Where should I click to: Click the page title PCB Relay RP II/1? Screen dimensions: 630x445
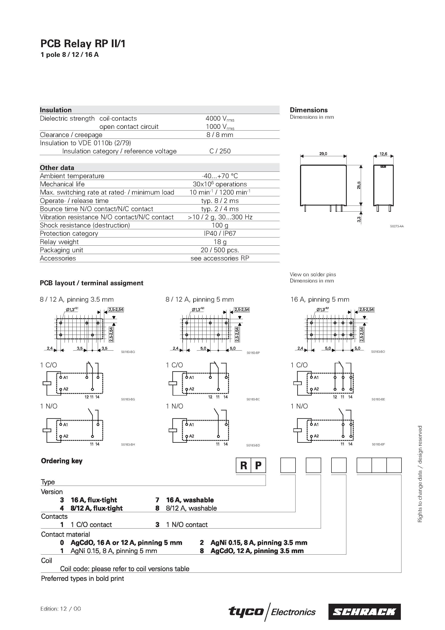83,44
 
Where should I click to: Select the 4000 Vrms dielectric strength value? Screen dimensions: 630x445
219,119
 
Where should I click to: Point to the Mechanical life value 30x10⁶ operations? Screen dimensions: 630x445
219,184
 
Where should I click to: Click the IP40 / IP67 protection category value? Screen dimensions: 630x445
219,234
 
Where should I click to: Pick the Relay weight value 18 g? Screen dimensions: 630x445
219,242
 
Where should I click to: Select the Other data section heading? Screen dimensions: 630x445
57,168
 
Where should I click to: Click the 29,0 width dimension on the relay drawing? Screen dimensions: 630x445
323,154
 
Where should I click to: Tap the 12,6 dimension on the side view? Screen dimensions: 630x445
383,154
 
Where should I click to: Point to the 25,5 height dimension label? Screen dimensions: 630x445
359,185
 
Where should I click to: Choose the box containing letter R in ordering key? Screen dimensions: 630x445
243,465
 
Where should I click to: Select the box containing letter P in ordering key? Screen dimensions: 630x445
258,465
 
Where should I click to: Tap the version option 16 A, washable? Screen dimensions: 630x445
190,500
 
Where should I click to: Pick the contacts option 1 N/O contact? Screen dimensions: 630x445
187,525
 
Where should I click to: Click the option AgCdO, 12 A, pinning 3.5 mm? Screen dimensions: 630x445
257,551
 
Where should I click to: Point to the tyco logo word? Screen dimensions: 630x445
246,612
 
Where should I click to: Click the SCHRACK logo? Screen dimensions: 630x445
364,612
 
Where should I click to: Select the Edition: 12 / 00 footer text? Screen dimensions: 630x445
61,609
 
